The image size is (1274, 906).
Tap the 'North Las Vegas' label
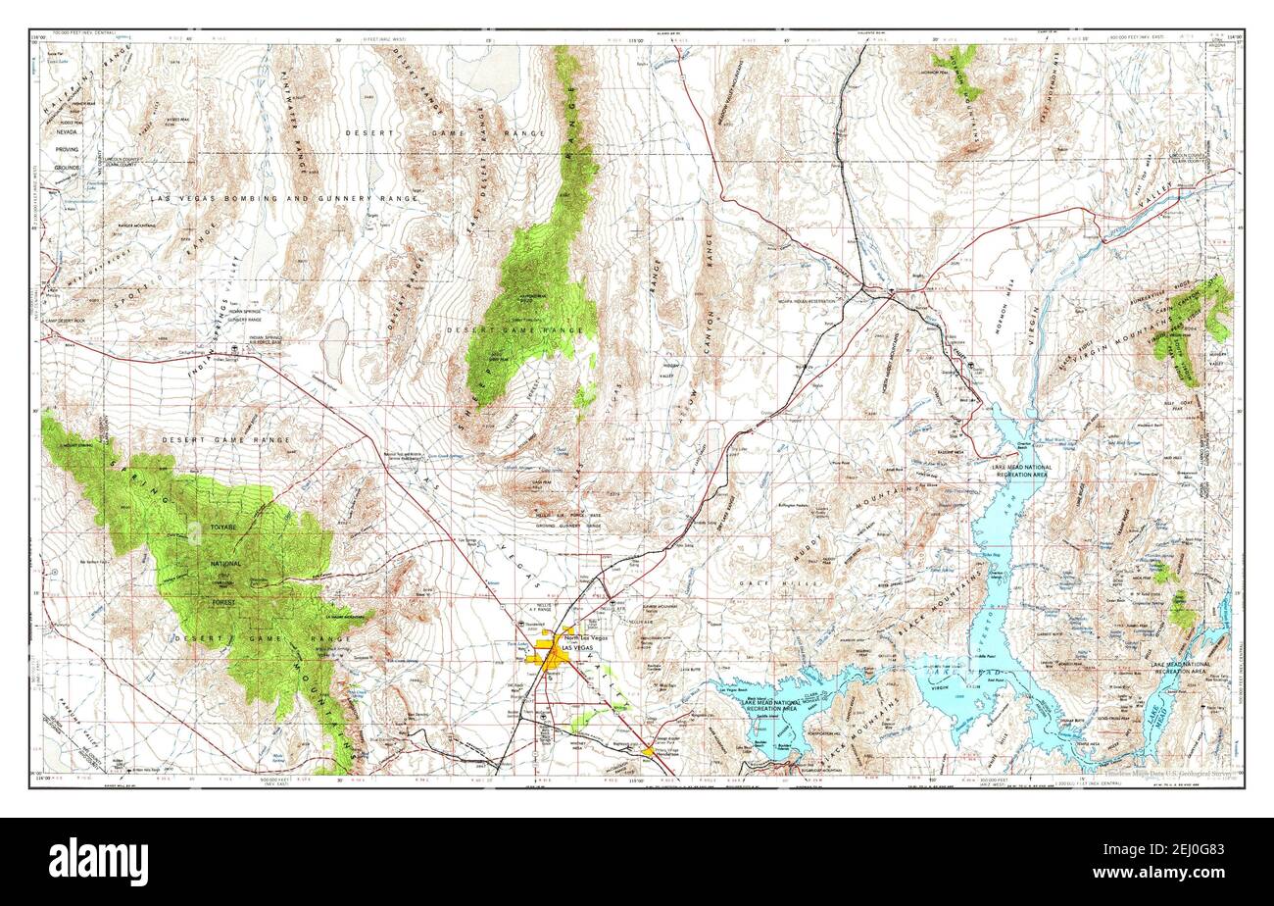tap(585, 638)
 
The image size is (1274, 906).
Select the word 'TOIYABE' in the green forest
tap(220, 528)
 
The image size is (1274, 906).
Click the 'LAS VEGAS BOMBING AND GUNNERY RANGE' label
tap(284, 198)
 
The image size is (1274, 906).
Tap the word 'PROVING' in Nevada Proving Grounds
tap(67, 149)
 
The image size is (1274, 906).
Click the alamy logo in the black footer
tap(98, 862)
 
